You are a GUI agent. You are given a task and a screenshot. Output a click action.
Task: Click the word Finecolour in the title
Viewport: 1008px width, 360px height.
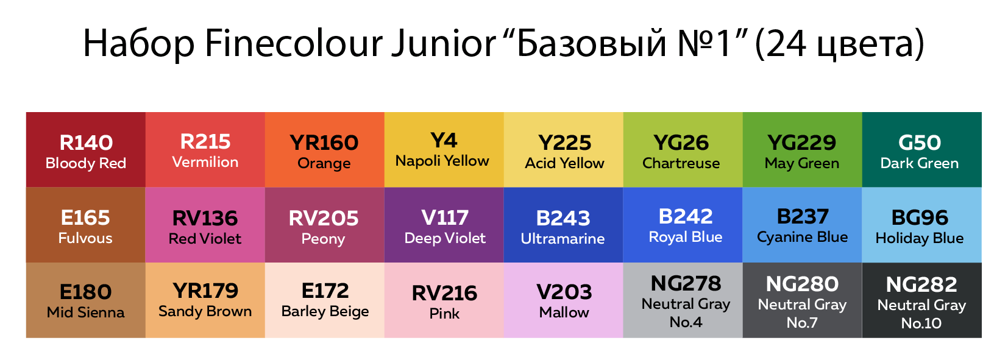pyautogui.click(x=293, y=43)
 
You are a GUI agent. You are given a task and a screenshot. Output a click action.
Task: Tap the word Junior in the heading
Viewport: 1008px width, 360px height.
pyautogui.click(x=444, y=43)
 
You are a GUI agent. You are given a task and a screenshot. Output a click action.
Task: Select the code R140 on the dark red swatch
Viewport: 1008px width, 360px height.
pyautogui.click(x=86, y=143)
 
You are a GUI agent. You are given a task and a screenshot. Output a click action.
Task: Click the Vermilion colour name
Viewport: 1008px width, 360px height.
pyautogui.click(x=205, y=162)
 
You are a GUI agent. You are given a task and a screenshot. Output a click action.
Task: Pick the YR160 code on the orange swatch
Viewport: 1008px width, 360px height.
pyautogui.click(x=324, y=143)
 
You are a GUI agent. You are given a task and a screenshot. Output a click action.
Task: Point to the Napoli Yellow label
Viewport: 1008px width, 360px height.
pyautogui.click(x=442, y=161)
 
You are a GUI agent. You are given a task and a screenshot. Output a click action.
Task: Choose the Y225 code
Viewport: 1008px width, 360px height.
pyautogui.click(x=565, y=143)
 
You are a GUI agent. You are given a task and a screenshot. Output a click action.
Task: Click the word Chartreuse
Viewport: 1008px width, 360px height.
pyautogui.click(x=681, y=163)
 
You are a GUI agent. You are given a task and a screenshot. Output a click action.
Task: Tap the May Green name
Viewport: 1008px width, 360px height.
pyautogui.click(x=802, y=163)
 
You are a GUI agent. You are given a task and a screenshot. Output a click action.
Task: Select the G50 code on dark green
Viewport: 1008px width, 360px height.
pyautogui.click(x=920, y=143)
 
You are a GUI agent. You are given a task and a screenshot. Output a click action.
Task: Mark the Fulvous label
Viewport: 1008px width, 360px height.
pyautogui.click(x=85, y=238)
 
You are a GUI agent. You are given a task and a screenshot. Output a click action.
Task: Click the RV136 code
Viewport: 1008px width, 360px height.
pyautogui.click(x=205, y=218)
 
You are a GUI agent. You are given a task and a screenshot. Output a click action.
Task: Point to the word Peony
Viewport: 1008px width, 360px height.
pyautogui.click(x=323, y=239)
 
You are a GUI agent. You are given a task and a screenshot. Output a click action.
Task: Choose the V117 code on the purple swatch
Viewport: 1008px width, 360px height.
pyautogui.click(x=445, y=218)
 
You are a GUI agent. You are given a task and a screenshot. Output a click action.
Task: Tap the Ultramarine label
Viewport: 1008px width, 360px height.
pyautogui.click(x=563, y=239)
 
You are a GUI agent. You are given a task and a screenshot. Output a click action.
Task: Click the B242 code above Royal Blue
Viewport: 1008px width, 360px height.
pyautogui.click(x=686, y=216)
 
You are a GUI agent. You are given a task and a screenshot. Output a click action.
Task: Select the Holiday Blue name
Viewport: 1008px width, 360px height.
pyautogui.click(x=920, y=238)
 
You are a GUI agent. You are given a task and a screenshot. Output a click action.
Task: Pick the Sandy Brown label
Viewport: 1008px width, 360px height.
pyautogui.click(x=205, y=311)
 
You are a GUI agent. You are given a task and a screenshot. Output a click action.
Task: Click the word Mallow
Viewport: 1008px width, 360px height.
pyautogui.click(x=564, y=312)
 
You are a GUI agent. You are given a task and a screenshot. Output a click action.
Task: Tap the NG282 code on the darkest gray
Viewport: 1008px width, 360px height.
pyautogui.click(x=921, y=284)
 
